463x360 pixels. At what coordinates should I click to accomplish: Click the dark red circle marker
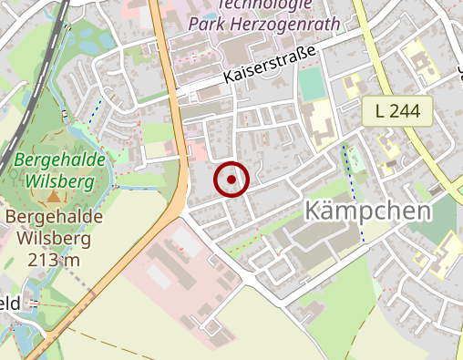(231, 180)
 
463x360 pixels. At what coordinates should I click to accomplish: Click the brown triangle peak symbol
(53, 195)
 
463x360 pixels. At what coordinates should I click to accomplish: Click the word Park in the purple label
(205, 23)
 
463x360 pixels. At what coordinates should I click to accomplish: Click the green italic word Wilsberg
(60, 180)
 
